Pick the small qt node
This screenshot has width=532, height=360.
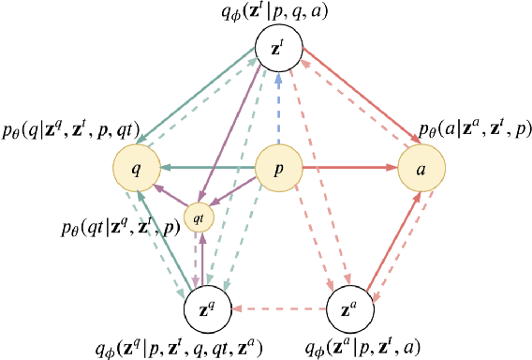click(x=199, y=217)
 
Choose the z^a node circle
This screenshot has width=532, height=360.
click(x=349, y=306)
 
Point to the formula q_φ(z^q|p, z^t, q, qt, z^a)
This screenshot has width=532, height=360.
click(x=199, y=347)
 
